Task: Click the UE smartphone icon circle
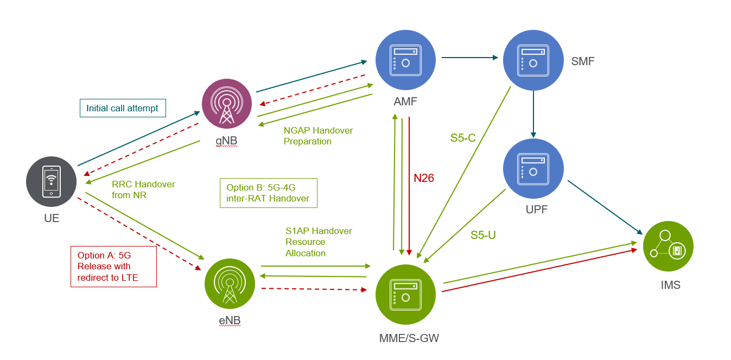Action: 51,181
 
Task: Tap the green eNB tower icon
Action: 230,284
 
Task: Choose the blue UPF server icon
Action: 533,169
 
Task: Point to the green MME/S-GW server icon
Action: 405,294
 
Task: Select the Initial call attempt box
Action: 123,108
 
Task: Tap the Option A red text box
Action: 113,266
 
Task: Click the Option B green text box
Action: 268,193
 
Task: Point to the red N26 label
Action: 424,178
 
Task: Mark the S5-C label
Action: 463,138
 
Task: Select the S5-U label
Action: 483,235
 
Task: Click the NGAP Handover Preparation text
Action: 318,136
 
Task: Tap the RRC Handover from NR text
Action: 143,190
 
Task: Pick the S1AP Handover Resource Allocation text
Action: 319,242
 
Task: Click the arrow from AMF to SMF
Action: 470,57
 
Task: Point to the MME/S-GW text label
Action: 409,339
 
